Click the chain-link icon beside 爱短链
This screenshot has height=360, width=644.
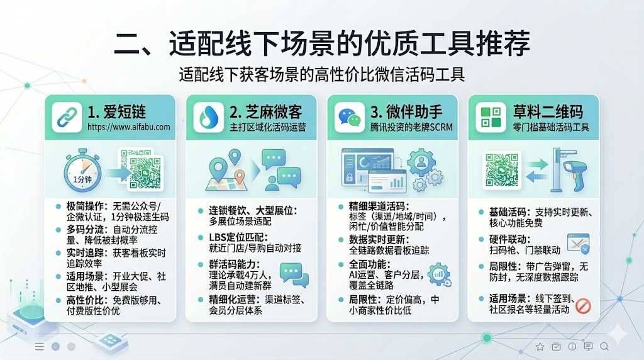(67, 117)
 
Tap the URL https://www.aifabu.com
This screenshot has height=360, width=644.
(128, 127)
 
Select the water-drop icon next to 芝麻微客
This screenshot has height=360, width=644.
(208, 117)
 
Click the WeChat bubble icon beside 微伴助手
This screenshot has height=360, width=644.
(350, 117)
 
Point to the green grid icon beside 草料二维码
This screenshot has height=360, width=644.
(491, 117)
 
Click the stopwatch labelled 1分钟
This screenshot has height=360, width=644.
(82, 171)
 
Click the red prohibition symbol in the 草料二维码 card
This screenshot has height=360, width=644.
(583, 306)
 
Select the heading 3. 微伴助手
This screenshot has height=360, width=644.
(406, 112)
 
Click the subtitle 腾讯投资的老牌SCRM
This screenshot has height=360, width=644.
(411, 127)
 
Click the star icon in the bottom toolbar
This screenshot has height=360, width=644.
(540, 347)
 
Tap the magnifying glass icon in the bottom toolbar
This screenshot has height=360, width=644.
(604, 347)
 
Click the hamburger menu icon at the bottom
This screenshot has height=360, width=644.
(40, 347)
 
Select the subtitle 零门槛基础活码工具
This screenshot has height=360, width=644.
(551, 127)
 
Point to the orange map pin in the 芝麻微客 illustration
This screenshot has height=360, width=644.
(240, 177)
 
